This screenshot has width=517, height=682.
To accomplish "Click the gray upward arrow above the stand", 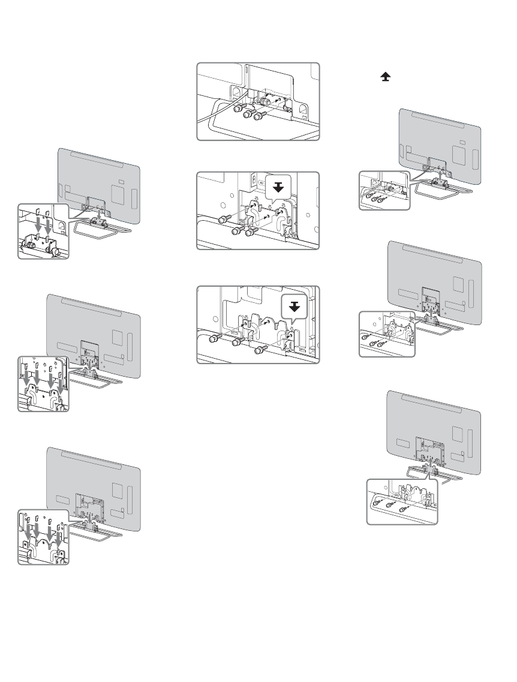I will pos(440,175).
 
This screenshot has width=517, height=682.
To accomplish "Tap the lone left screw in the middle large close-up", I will pos(224,220).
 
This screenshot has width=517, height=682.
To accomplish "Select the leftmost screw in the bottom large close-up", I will pos(213,339).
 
